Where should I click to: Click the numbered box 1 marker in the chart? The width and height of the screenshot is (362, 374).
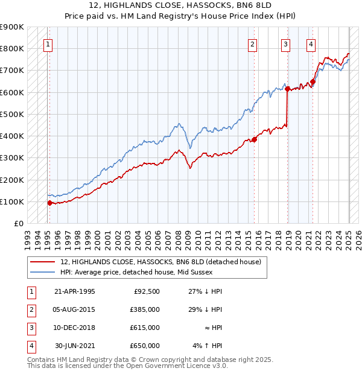click(47, 43)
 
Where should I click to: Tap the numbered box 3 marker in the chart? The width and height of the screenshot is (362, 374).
click(285, 43)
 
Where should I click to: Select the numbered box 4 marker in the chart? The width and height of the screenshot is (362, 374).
click(310, 43)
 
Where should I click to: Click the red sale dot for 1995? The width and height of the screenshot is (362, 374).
click(49, 203)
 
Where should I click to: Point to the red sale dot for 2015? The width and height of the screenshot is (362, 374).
click(255, 139)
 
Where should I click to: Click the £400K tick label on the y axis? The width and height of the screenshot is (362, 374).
click(13, 136)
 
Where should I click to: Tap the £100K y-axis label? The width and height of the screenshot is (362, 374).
click(13, 201)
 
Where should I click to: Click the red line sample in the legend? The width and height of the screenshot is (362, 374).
click(43, 262)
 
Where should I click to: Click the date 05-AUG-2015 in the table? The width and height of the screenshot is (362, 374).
click(74, 309)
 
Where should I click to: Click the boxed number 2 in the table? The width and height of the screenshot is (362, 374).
click(30, 309)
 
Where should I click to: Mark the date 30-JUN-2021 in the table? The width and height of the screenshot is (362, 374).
click(74, 346)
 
